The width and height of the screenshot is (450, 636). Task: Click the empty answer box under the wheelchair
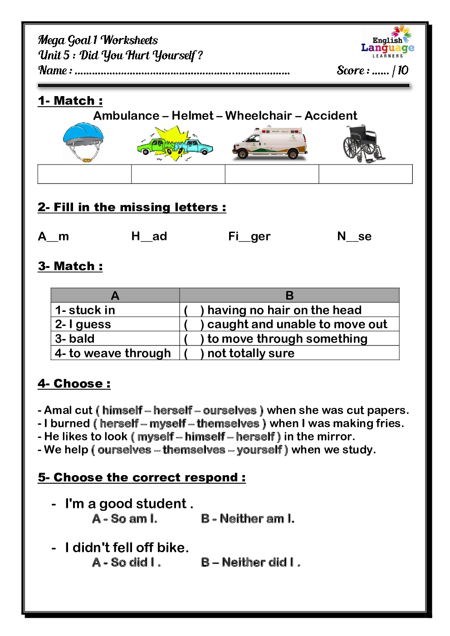point(366,174)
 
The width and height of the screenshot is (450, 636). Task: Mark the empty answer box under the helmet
point(84,174)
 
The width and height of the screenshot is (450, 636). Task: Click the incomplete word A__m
point(54,236)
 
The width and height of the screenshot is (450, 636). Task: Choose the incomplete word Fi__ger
point(249,236)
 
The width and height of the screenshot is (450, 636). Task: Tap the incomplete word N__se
point(354,236)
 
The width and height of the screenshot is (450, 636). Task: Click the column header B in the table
point(289,296)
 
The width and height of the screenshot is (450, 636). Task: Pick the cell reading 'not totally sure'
point(251,353)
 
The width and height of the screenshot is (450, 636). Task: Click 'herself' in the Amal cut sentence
point(173,410)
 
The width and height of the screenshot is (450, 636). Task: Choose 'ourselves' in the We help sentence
point(124,450)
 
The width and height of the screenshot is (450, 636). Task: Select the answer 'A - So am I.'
point(125,519)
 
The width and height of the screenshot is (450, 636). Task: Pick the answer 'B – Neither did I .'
point(250,562)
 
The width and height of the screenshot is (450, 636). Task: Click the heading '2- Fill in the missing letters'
point(132,207)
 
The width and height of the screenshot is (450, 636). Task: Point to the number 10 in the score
point(403,70)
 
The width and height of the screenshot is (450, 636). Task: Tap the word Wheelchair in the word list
point(258,116)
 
